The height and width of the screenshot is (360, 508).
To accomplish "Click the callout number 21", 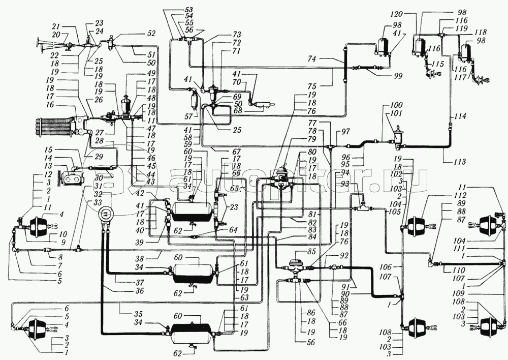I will pyautogui.click(x=56, y=26).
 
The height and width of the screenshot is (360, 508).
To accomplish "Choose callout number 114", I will pyautogui.click(x=460, y=116).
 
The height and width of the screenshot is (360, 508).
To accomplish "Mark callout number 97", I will pyautogui.click(x=346, y=132).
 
